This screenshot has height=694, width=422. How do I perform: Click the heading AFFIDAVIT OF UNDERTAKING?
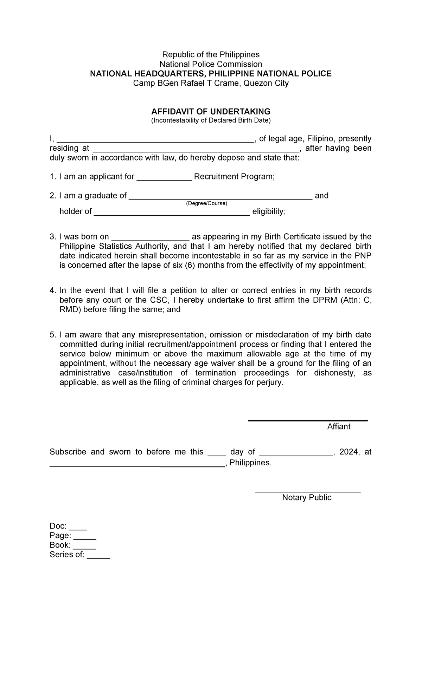pos(211,112)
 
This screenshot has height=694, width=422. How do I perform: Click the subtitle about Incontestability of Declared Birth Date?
pos(211,121)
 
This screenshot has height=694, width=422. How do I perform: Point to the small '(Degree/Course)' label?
pos(206,203)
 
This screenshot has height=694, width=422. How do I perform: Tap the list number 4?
pos(52,290)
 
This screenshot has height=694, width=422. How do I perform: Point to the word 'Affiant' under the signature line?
pos(339,426)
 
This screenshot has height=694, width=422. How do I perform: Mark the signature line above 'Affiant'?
pos(308,420)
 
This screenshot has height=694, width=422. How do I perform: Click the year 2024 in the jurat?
pos(349,452)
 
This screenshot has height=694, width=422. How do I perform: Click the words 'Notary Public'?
pos(307,497)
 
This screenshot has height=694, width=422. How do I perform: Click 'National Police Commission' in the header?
pos(211,64)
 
